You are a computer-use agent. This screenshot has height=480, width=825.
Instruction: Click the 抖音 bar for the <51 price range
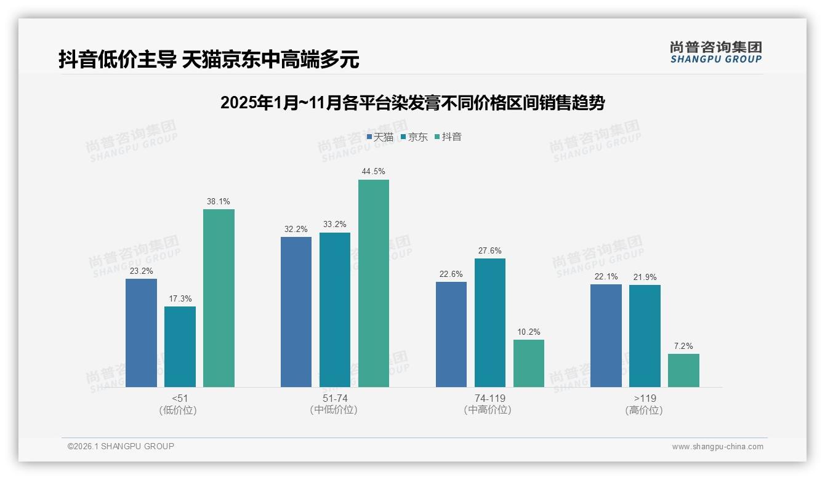(219, 298)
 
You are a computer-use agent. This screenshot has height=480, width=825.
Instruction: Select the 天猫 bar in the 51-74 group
(296, 311)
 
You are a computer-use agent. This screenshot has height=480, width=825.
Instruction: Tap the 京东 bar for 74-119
(490, 322)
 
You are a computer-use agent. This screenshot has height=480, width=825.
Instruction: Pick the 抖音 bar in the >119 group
(683, 370)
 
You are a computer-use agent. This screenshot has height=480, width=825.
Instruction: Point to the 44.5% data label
(373, 171)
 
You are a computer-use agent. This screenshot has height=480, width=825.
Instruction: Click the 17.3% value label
(180, 298)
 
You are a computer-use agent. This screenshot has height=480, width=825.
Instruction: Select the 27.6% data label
(489, 250)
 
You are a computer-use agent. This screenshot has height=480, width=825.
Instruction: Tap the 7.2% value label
(683, 346)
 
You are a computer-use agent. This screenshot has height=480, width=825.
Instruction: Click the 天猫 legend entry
(380, 137)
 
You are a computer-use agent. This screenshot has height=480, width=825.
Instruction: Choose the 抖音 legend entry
(448, 137)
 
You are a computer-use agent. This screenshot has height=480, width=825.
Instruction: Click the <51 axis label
(180, 398)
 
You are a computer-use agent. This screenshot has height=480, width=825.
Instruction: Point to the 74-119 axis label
(490, 398)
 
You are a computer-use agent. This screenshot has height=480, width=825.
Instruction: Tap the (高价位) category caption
(644, 410)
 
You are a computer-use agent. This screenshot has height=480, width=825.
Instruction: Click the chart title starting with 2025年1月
(412, 103)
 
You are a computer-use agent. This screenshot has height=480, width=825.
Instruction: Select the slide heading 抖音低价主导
(209, 60)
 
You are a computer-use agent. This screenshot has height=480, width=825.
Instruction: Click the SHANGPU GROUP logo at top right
(715, 52)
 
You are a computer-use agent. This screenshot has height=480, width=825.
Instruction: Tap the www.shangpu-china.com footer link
(717, 447)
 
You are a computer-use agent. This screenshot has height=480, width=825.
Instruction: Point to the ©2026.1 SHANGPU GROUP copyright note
(121, 446)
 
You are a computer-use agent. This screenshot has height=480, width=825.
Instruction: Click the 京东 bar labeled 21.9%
(645, 335)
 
